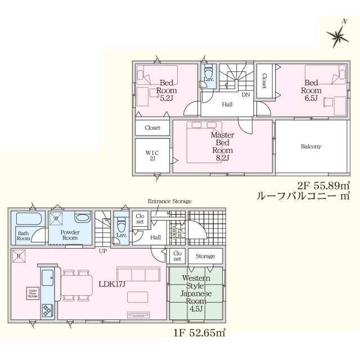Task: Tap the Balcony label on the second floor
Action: point(310,146)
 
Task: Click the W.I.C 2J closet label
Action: point(152,155)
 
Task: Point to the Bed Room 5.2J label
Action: point(166,90)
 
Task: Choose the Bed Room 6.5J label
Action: point(310,90)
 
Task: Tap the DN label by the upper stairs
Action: point(246,95)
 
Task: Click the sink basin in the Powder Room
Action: point(82,218)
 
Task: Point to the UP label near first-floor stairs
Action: point(103,250)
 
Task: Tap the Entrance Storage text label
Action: point(169,201)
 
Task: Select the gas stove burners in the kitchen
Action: point(47,310)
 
